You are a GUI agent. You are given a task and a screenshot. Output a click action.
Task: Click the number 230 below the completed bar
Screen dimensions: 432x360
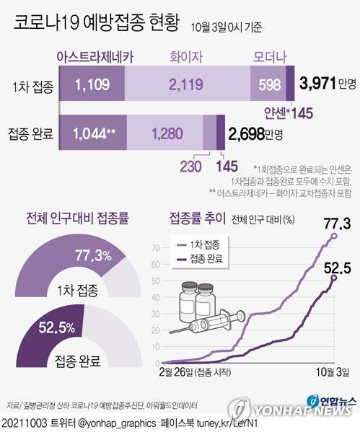pos(192,166)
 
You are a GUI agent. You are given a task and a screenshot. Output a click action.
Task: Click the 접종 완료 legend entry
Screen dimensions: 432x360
pos(206,258)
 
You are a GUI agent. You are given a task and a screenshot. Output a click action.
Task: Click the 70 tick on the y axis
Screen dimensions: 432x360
pos(155,247)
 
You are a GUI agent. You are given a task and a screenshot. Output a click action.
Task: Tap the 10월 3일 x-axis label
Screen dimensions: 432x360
pos(333,373)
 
